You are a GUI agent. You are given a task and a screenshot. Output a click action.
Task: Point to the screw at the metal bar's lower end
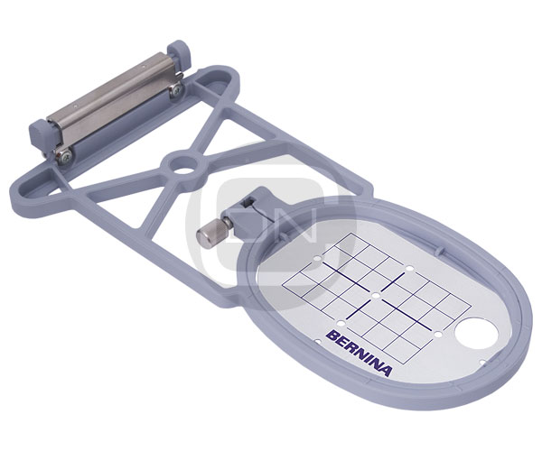tap(65, 154)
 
